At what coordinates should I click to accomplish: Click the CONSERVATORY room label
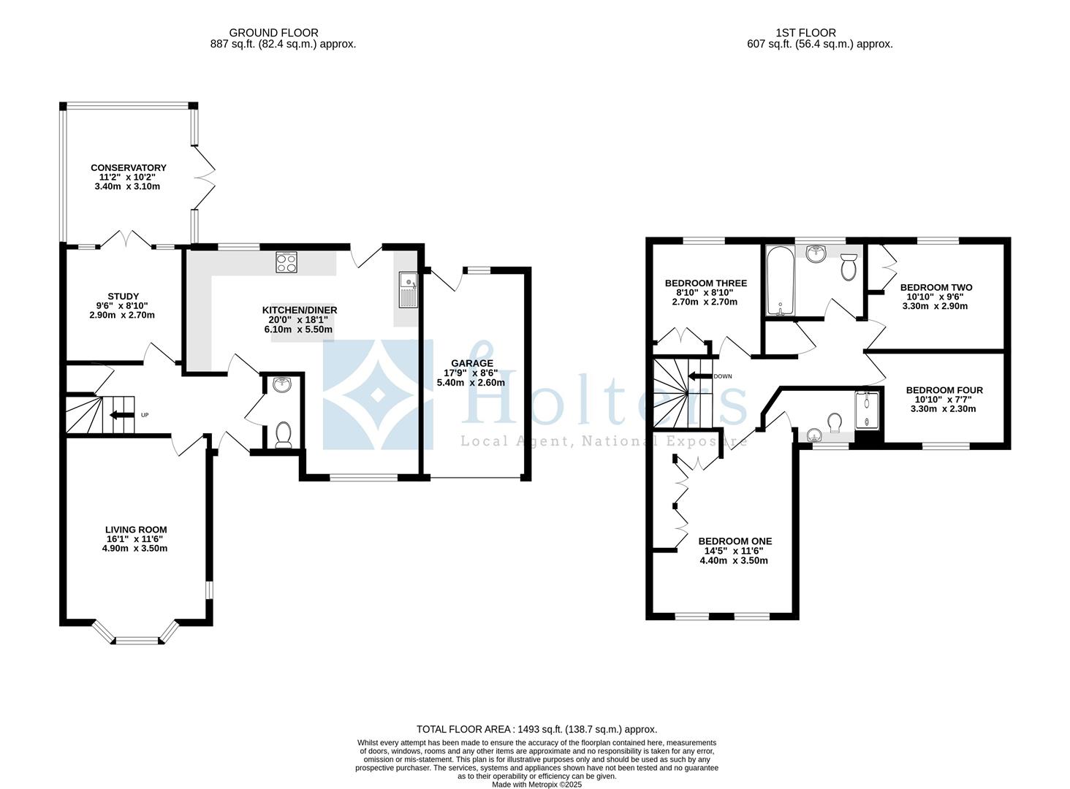point(128,167)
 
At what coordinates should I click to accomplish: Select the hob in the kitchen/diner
point(286,262)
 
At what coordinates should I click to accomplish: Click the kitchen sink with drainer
point(407,289)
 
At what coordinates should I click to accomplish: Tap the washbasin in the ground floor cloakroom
point(282,384)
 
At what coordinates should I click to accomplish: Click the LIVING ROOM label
point(136,530)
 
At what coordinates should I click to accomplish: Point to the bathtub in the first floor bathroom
point(781,281)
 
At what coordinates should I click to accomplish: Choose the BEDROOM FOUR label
point(944,390)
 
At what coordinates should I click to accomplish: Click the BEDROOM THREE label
point(705,283)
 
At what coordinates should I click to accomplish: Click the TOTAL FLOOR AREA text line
point(536,729)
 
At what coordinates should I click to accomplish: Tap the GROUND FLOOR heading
point(273,32)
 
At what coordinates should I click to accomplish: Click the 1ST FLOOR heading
point(806,32)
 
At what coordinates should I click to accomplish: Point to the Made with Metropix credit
point(536,784)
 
